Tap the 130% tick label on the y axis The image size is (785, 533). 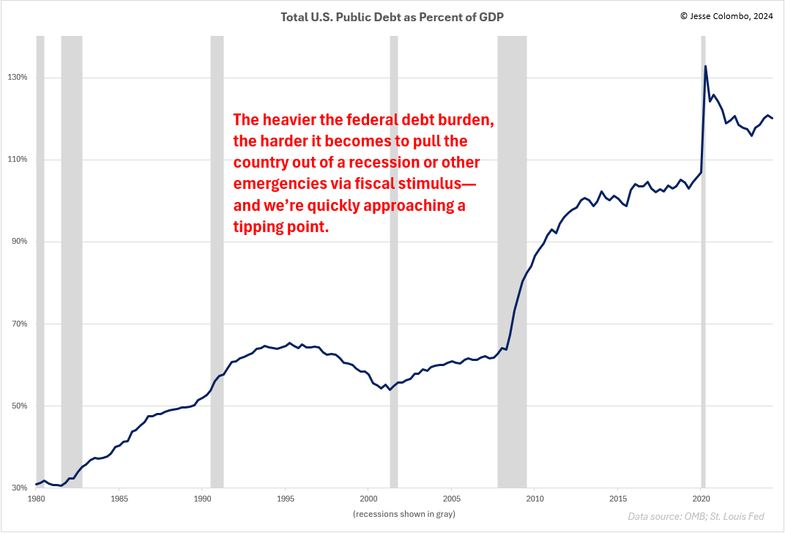[18, 78]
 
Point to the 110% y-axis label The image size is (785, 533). [18, 160]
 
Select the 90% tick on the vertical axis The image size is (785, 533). [18, 242]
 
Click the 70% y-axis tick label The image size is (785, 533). [18, 324]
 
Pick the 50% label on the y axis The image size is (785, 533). [18, 406]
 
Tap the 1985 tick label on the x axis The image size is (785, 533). [119, 499]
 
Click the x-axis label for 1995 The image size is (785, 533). [286, 499]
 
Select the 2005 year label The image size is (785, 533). [452, 499]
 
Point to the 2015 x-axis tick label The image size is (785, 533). [617, 499]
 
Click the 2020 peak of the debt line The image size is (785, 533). [705, 67]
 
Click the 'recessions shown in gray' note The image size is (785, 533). [404, 514]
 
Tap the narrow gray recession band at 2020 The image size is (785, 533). [703, 293]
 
